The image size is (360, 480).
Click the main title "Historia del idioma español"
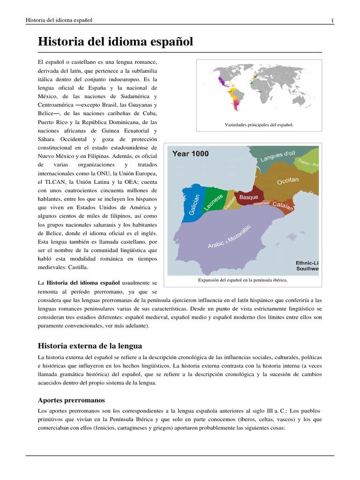click(115, 42)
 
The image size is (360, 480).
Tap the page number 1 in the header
click(332, 20)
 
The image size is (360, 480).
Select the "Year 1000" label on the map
click(191, 154)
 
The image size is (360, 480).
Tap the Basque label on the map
click(248, 197)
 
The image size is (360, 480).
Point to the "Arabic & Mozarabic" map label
click(229, 237)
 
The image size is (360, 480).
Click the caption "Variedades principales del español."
click(259, 125)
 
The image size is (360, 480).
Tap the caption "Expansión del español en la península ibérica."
click(243, 280)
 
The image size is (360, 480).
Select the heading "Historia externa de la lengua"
click(90, 346)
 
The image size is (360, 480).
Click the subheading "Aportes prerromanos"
click(71, 400)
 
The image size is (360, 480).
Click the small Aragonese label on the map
click(262, 204)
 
